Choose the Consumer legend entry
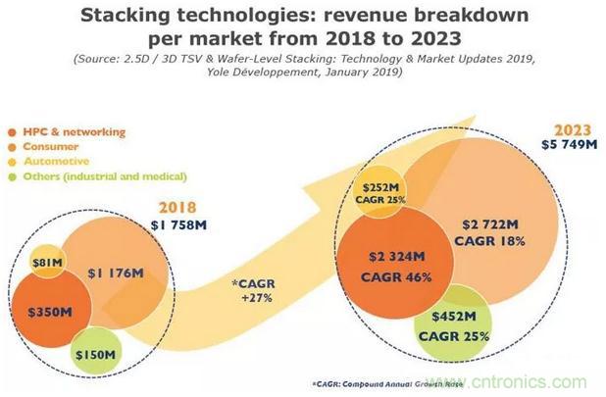[48, 146]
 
